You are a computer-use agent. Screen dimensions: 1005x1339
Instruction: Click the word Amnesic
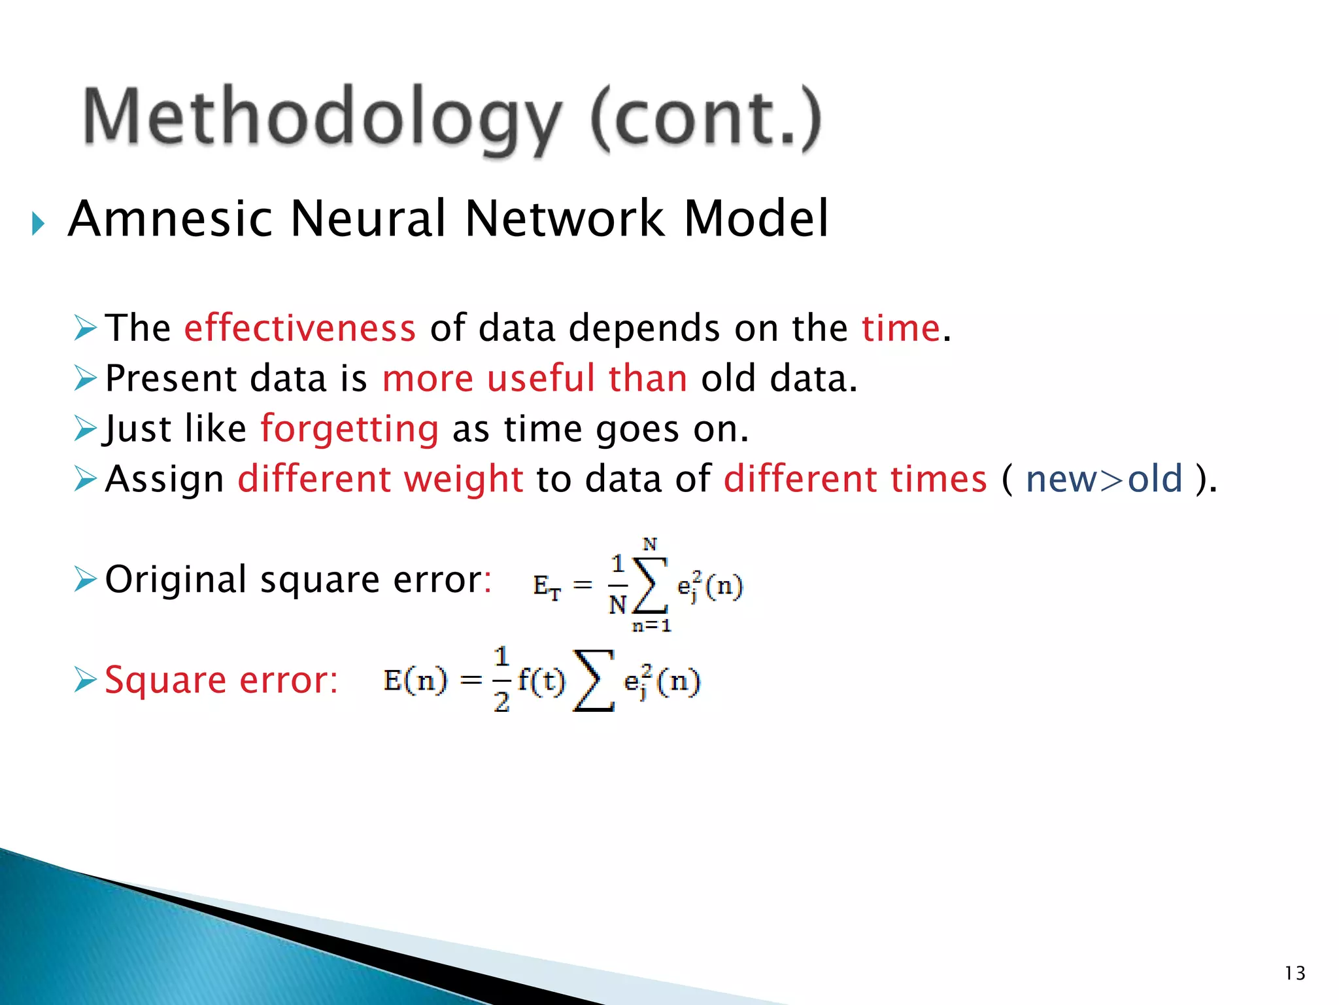[x=170, y=219]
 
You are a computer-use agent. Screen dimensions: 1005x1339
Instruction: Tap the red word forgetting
[x=349, y=429]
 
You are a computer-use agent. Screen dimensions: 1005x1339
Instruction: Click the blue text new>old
[x=1104, y=479]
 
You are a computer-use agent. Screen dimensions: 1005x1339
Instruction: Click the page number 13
[x=1295, y=974]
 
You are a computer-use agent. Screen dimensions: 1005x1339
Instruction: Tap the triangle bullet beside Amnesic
[x=38, y=224]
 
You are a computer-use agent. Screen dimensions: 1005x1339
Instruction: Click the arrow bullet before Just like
[x=86, y=429]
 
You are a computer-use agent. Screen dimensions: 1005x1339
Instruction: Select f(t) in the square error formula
[x=541, y=680]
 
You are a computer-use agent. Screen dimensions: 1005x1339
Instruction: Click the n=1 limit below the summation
[x=651, y=626]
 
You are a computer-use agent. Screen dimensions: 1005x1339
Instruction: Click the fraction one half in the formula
[x=501, y=679]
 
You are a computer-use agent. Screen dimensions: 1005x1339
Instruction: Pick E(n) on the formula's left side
[x=415, y=680]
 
